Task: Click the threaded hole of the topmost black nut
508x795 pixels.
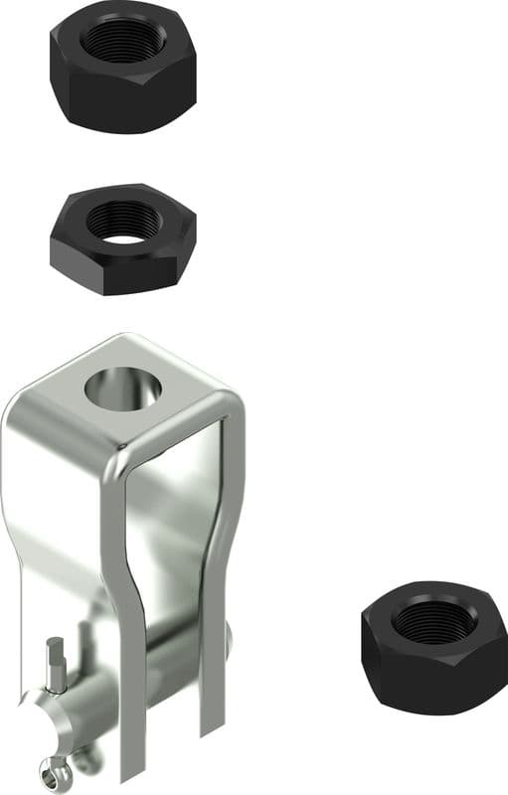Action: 123,41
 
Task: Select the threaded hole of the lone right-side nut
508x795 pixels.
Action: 433,622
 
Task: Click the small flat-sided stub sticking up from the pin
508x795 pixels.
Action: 58,661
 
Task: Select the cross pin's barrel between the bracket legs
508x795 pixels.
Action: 169,666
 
